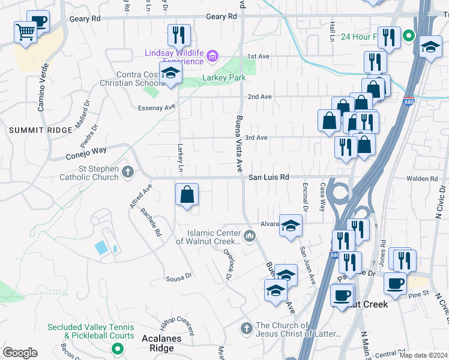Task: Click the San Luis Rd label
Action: pyautogui.click(x=269, y=178)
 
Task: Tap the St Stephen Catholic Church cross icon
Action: pyautogui.click(x=127, y=173)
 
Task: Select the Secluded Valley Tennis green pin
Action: pyautogui.click(x=118, y=347)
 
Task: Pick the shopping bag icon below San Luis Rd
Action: pyautogui.click(x=187, y=194)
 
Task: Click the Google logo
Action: pyautogui.click(x=20, y=353)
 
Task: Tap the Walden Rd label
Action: pyautogui.click(x=426, y=179)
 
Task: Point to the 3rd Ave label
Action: pyautogui.click(x=256, y=137)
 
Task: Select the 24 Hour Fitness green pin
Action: pyautogui.click(x=408, y=36)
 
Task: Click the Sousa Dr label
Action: pyautogui.click(x=178, y=278)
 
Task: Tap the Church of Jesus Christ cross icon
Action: pyautogui.click(x=246, y=329)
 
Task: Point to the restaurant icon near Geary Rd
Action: pyautogui.click(x=178, y=35)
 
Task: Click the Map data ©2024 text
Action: pyautogui.click(x=424, y=355)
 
